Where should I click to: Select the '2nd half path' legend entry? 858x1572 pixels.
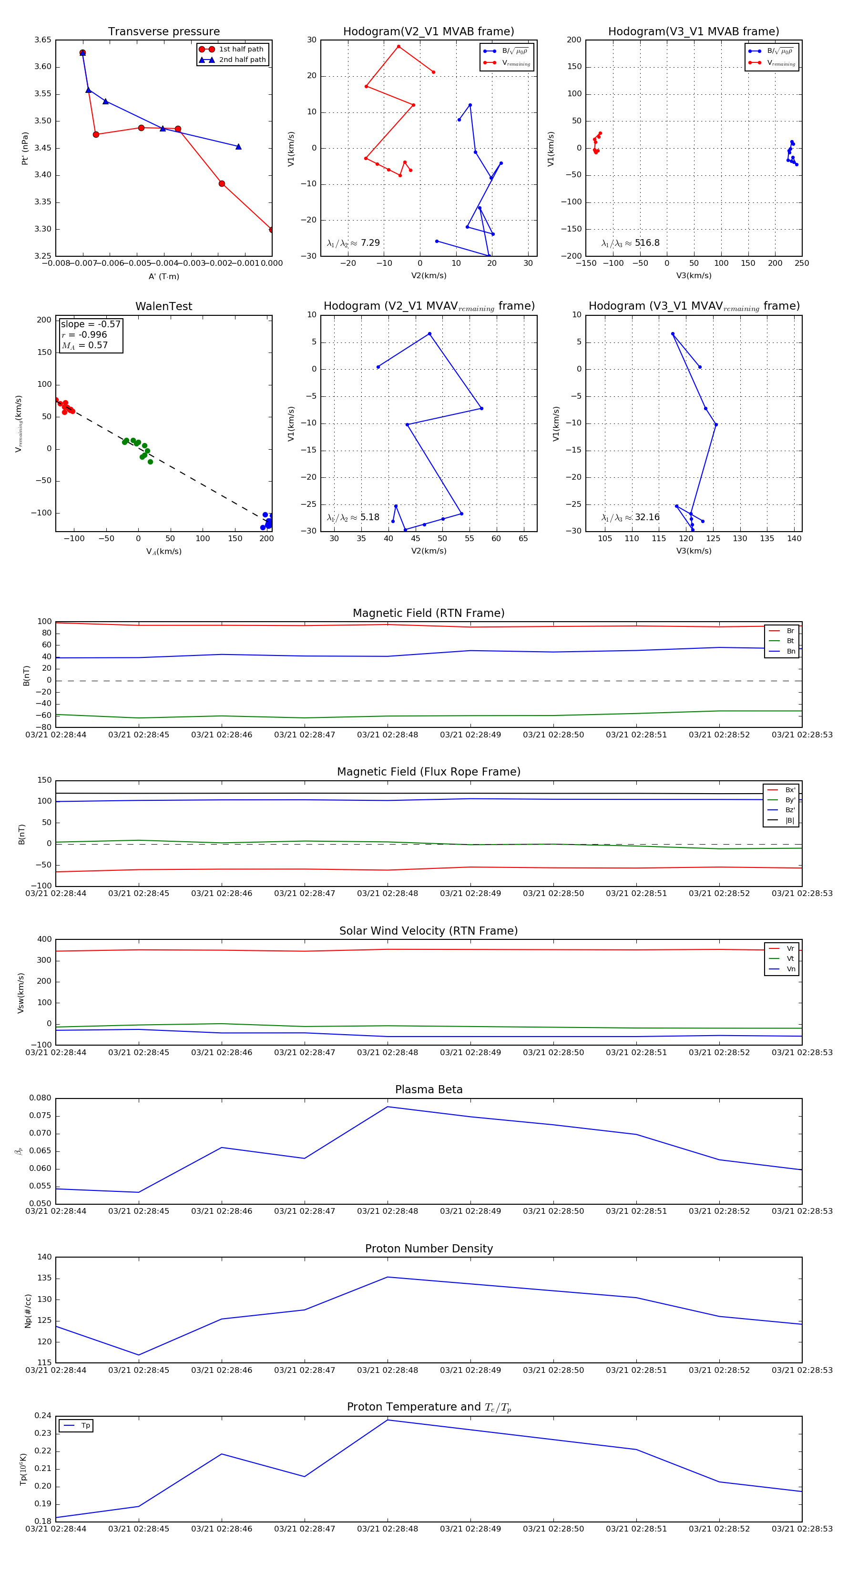click(x=242, y=60)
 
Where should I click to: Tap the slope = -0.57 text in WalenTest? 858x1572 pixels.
click(x=91, y=324)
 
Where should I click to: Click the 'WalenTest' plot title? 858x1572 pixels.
click(x=163, y=306)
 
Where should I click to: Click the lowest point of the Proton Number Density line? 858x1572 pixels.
click(x=139, y=1355)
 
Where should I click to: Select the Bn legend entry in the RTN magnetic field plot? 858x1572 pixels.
click(x=790, y=651)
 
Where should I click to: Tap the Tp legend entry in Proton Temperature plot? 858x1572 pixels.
click(x=85, y=1426)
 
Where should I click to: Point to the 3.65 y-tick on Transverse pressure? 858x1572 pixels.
click(x=43, y=40)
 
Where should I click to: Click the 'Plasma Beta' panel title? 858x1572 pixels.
click(x=429, y=1089)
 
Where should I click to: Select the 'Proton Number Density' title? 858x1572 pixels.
click(x=429, y=1249)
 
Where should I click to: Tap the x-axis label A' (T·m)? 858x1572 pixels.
click(x=163, y=276)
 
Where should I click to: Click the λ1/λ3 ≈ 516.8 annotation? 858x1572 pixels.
click(x=630, y=243)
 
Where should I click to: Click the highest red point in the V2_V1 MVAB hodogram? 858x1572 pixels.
click(x=399, y=46)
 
